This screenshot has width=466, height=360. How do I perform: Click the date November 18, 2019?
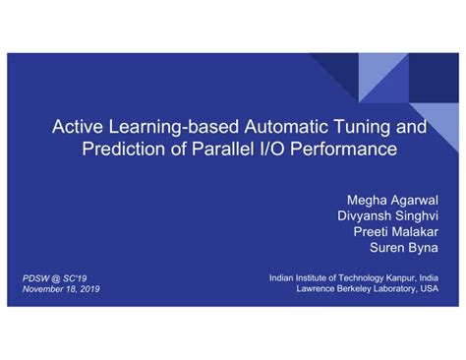click(61, 289)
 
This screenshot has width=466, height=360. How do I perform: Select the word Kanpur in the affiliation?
click(399, 278)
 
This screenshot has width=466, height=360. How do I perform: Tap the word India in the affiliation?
click(428, 278)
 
